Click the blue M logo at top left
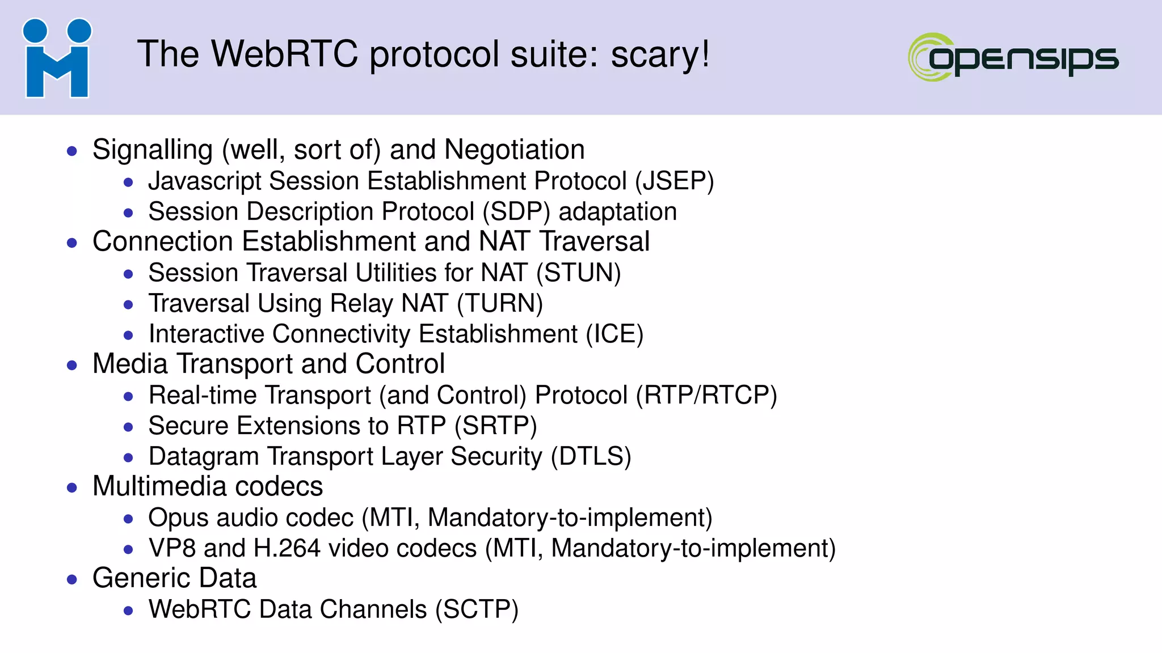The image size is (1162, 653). [57, 58]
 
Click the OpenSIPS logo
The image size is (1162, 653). [1013, 57]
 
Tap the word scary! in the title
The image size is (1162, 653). [660, 54]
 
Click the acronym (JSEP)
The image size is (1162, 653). [674, 181]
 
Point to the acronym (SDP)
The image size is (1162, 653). [516, 212]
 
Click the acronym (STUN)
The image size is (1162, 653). [579, 273]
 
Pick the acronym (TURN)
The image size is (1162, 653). [500, 304]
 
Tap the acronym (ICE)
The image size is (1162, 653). [614, 334]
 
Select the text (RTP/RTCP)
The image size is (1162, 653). [706, 396]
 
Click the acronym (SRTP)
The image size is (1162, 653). [495, 426]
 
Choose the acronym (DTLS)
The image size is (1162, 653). [591, 457]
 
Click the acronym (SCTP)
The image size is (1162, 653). [477, 610]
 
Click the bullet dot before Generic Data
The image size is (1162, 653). [72, 579]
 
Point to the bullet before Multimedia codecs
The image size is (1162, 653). [72, 487]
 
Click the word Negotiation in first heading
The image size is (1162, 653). [514, 150]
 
